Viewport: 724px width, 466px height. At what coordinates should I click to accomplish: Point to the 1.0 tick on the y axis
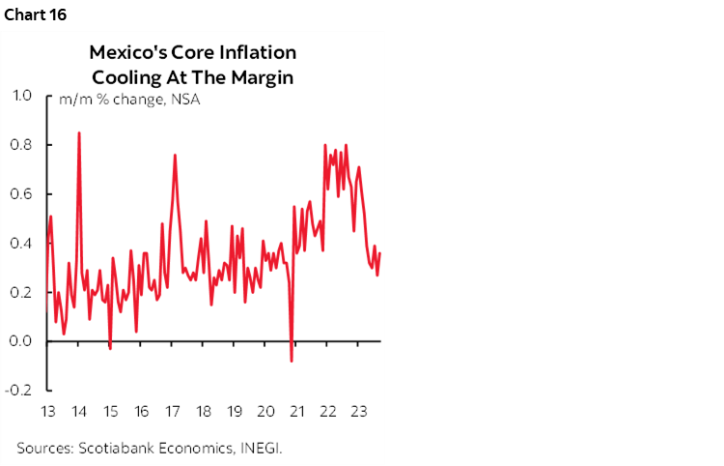click(22, 96)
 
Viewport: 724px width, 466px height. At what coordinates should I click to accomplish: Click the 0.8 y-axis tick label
click(22, 145)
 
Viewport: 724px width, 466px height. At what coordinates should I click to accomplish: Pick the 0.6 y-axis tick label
click(22, 194)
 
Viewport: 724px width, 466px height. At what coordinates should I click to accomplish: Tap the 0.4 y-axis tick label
click(22, 244)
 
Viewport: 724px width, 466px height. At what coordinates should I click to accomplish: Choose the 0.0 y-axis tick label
click(22, 341)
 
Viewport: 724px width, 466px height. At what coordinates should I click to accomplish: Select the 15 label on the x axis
click(110, 411)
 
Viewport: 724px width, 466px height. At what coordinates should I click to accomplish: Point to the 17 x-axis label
click(172, 411)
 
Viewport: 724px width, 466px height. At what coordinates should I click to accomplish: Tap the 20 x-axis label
click(265, 411)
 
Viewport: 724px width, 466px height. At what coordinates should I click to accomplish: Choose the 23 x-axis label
click(358, 411)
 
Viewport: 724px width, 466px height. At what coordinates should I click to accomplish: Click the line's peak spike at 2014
click(79, 132)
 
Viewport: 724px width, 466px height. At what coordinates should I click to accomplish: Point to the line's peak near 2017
click(175, 155)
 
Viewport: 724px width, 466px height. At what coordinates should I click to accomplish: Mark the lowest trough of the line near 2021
click(292, 362)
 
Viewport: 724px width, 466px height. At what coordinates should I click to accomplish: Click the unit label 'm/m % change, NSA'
click(129, 100)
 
